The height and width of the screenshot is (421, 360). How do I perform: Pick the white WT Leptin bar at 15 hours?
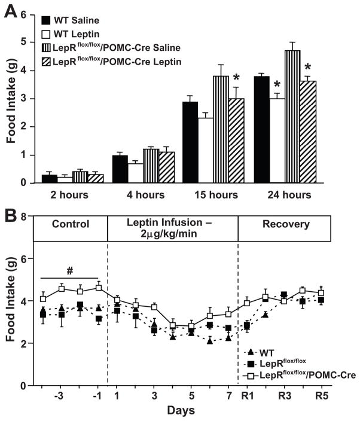pyautogui.click(x=190, y=150)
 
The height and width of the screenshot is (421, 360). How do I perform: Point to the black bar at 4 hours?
pyautogui.click(x=121, y=169)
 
